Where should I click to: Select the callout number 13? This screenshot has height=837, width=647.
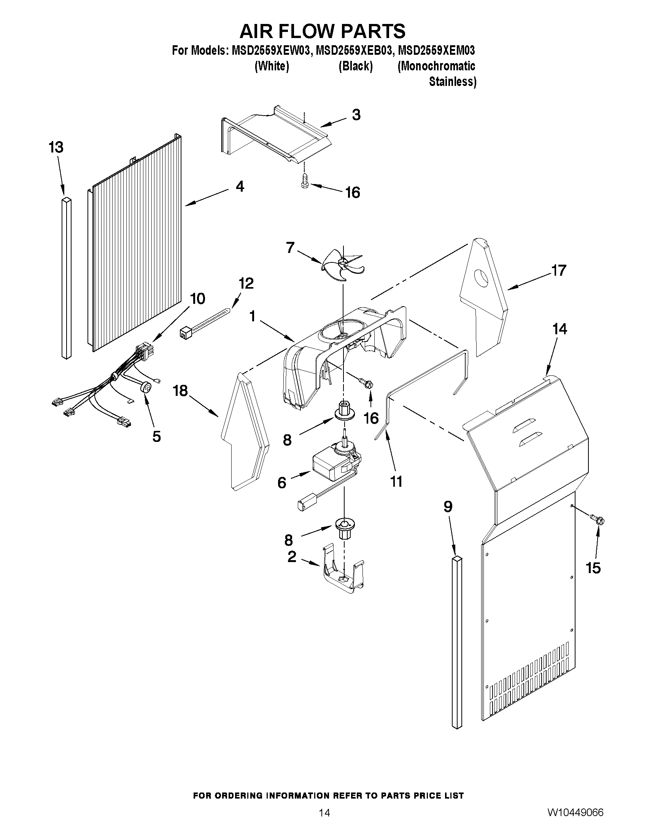56,147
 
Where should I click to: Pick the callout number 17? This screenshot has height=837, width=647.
559,270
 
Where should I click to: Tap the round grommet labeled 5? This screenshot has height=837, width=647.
145,388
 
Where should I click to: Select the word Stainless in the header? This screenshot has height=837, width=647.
452,82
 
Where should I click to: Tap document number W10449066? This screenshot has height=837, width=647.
575,812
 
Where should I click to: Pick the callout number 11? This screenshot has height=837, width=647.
396,481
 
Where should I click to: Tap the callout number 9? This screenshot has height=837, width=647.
448,507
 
